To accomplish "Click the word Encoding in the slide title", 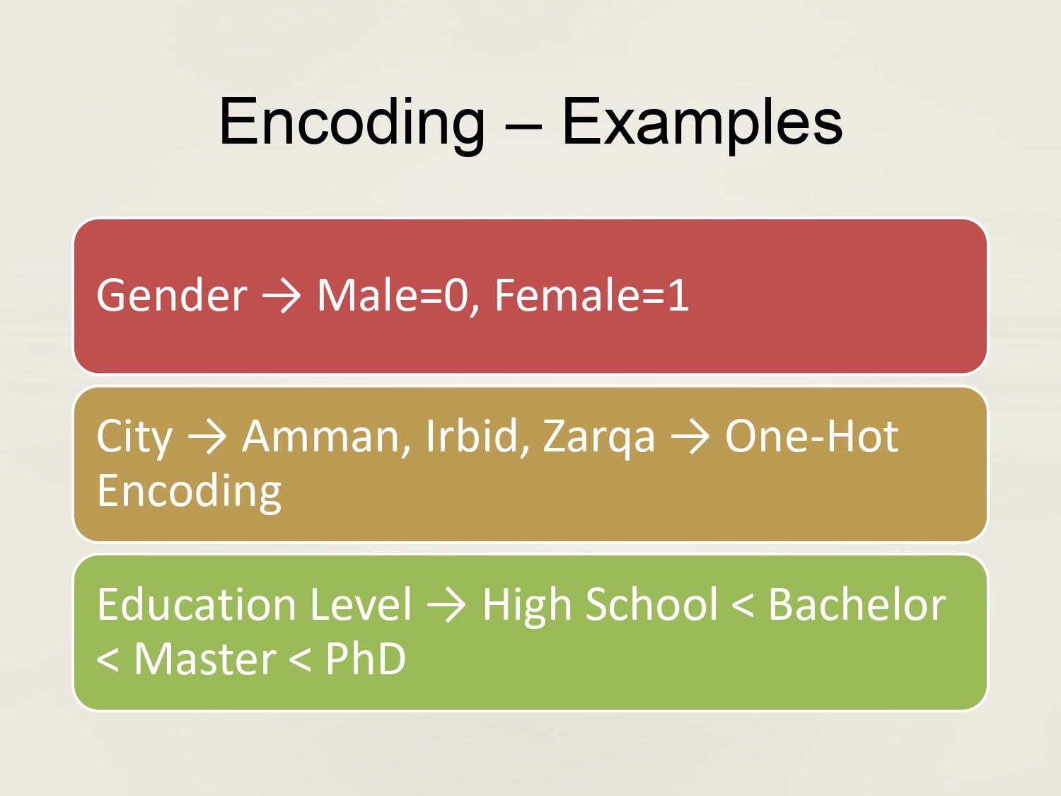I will (352, 123).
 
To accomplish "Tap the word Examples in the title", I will (702, 123).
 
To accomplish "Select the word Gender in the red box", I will (172, 295).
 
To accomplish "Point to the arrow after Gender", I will (282, 296).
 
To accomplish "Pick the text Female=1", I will (591, 295).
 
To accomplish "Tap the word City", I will (134, 437).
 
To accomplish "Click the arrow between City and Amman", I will (207, 437).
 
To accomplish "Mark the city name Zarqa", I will (599, 437).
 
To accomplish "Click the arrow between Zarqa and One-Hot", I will (690, 437).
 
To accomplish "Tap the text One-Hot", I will (811, 436).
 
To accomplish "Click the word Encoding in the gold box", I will (189, 492).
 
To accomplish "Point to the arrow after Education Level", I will (446, 606).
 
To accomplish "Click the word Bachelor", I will (857, 605).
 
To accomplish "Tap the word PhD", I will (365, 659).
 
